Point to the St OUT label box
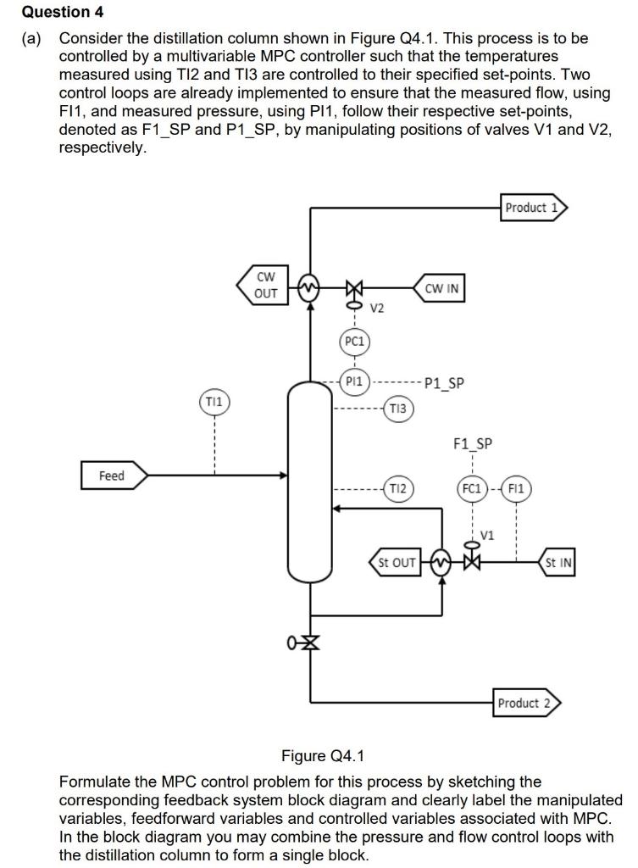395,562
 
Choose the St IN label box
558,562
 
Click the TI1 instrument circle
214,399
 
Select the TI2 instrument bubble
398,488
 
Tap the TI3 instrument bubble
398,409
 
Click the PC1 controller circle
354,342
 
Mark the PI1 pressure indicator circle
354,382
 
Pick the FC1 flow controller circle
471,488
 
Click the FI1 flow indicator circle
517,488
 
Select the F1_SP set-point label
473,443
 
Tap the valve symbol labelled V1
472,561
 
